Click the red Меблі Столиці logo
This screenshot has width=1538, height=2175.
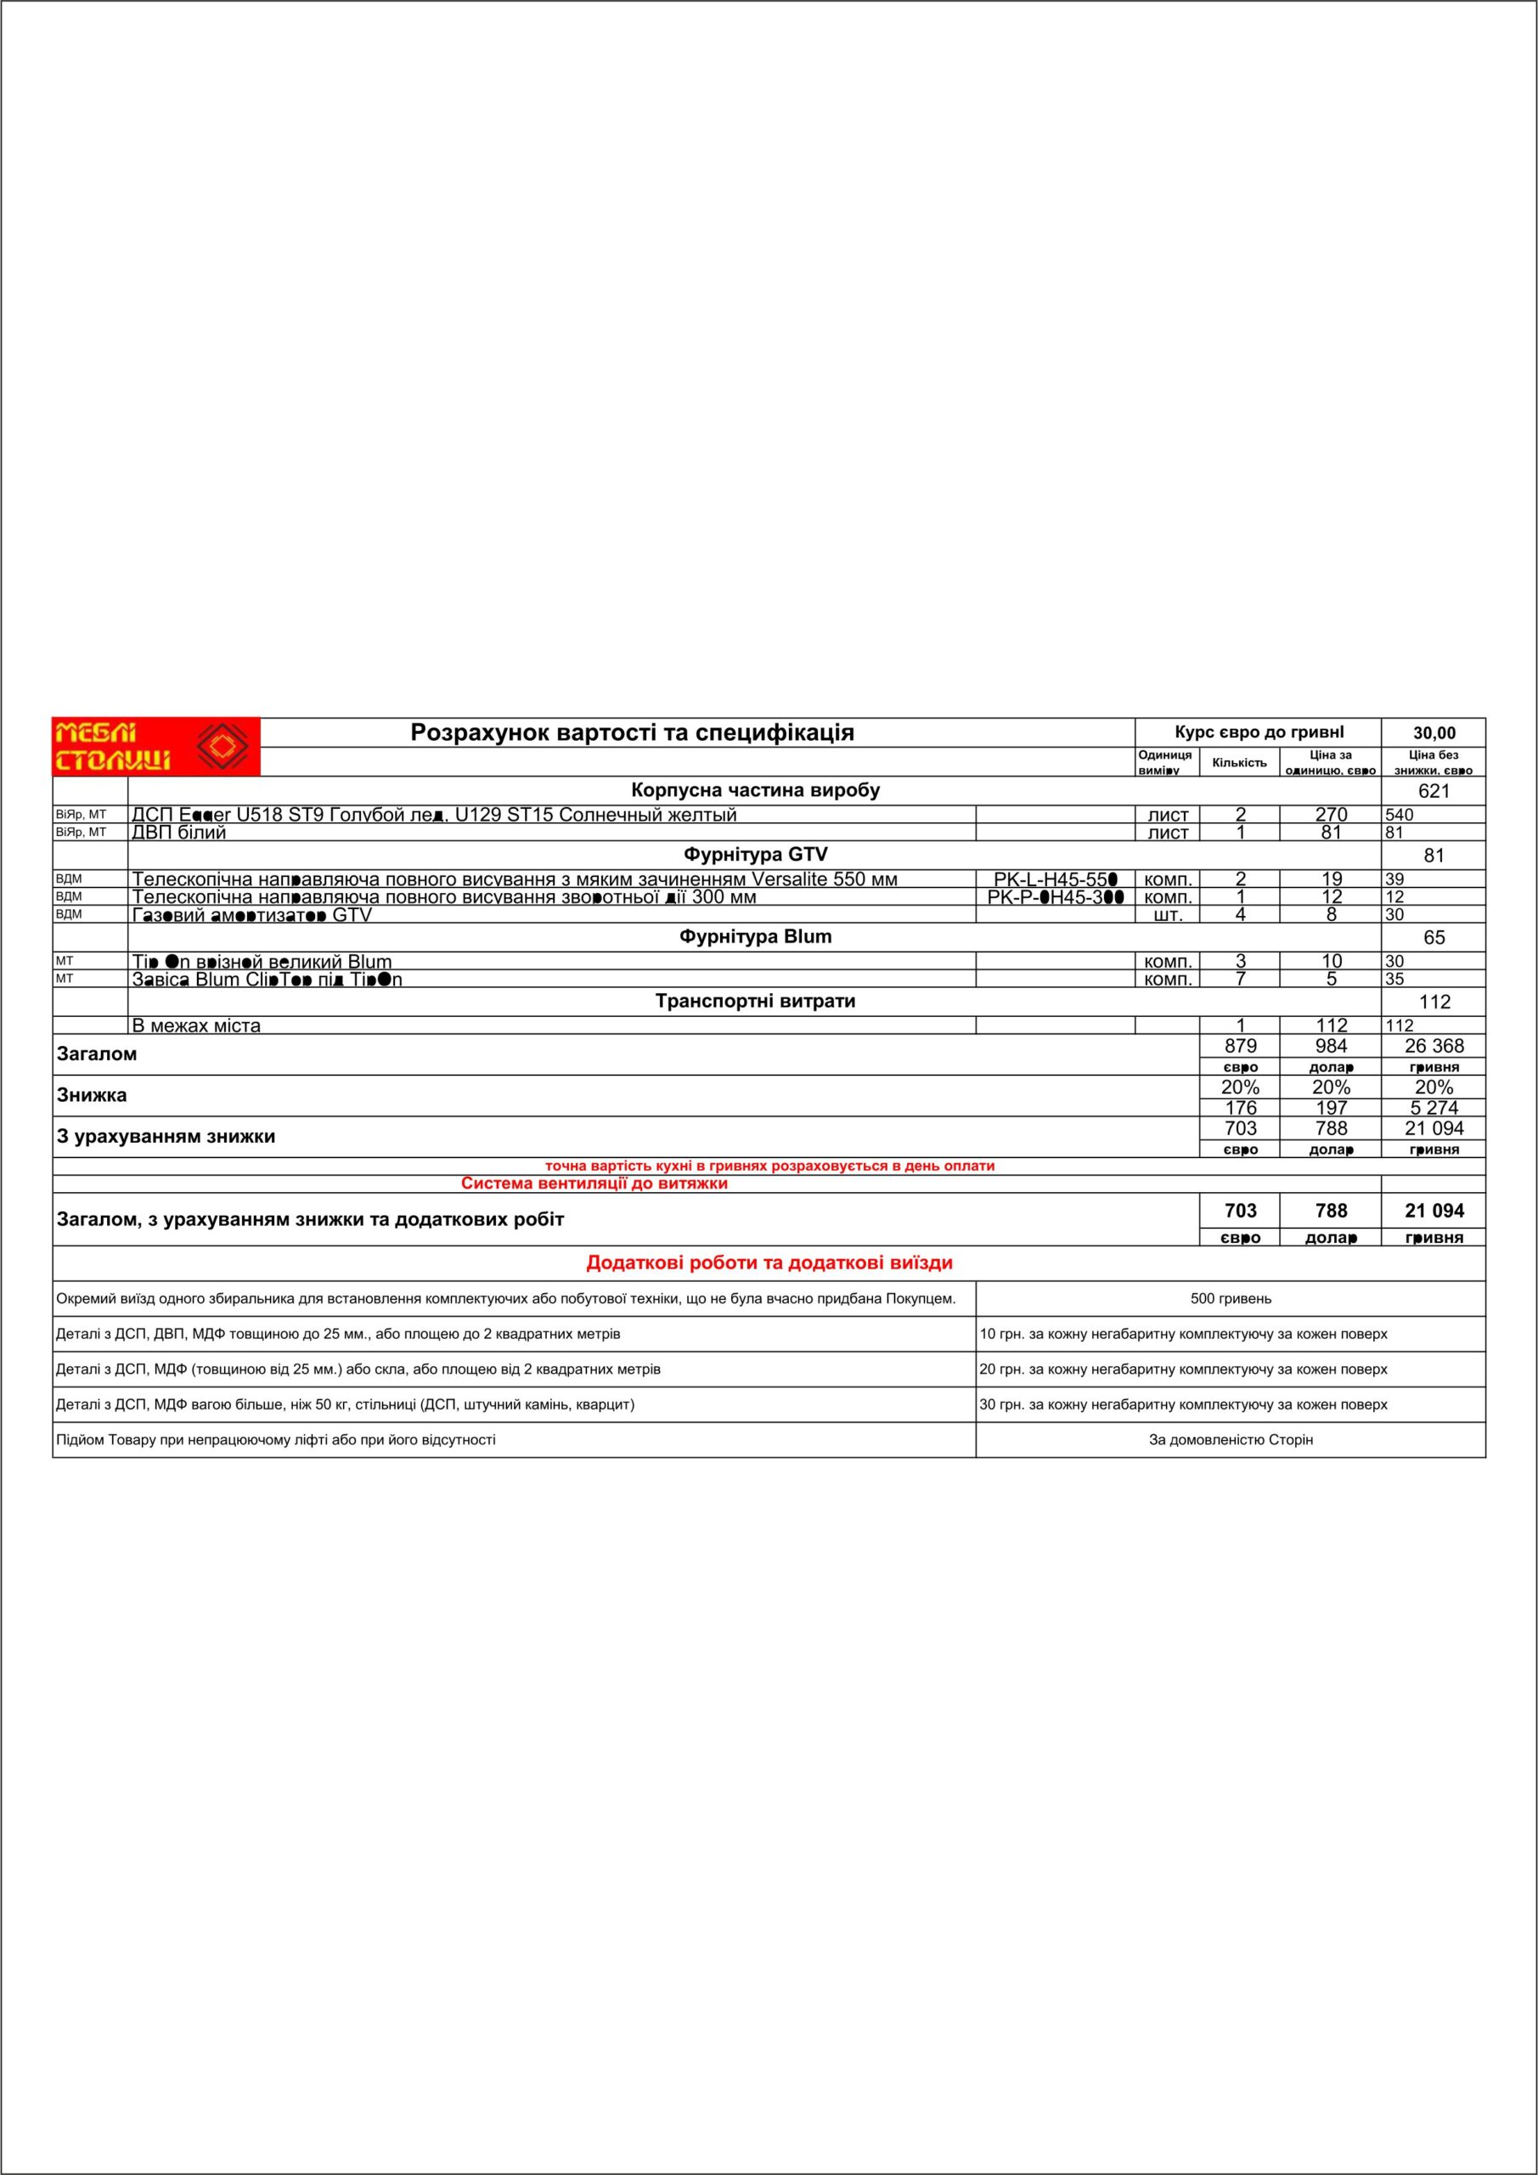tap(155, 747)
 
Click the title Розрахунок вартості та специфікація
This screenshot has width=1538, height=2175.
tap(632, 732)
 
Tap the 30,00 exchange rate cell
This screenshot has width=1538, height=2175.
tap(1434, 733)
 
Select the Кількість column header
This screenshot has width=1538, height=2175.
tap(1239, 763)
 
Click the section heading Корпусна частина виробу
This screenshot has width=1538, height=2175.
tap(755, 790)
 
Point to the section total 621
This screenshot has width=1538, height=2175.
tap(1434, 791)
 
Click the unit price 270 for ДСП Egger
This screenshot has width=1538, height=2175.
tap(1331, 815)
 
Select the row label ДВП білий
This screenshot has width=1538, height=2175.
tap(179, 833)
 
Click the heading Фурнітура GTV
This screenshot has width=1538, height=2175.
tap(755, 855)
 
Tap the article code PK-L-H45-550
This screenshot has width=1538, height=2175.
tap(1055, 879)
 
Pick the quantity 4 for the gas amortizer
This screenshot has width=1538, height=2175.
tap(1240, 914)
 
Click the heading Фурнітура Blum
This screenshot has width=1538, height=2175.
tap(755, 937)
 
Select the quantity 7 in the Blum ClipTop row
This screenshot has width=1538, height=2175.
tap(1240, 979)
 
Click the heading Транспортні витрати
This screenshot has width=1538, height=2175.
tap(755, 1002)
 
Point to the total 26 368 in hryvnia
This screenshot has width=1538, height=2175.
tap(1434, 1046)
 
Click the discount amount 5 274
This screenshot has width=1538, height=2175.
tap(1434, 1107)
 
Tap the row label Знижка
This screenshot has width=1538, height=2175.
tap(92, 1095)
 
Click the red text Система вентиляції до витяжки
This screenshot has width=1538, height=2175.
tap(594, 1184)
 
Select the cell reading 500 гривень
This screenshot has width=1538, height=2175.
tap(1231, 1299)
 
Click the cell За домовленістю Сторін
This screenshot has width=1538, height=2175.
tap(1231, 1440)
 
